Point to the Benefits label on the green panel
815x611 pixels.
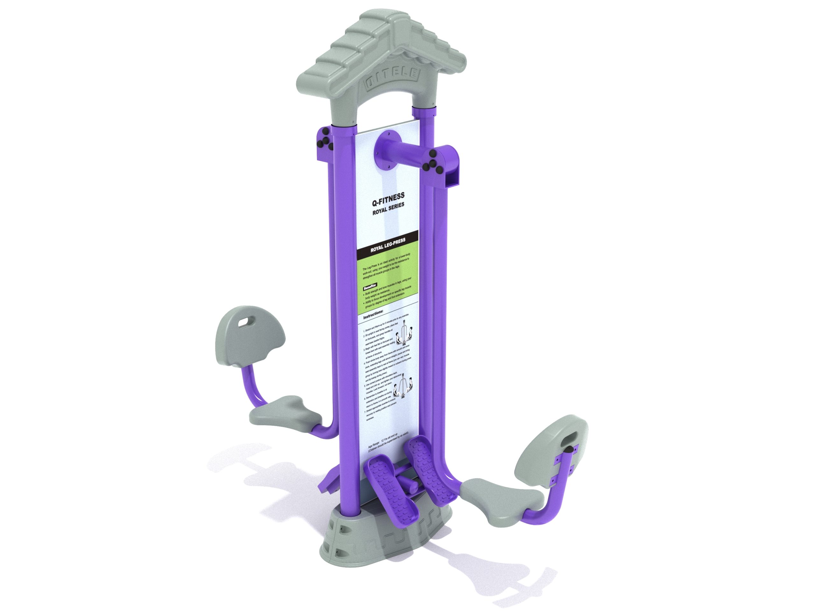[x=370, y=286]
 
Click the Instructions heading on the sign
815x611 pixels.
[x=373, y=315]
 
